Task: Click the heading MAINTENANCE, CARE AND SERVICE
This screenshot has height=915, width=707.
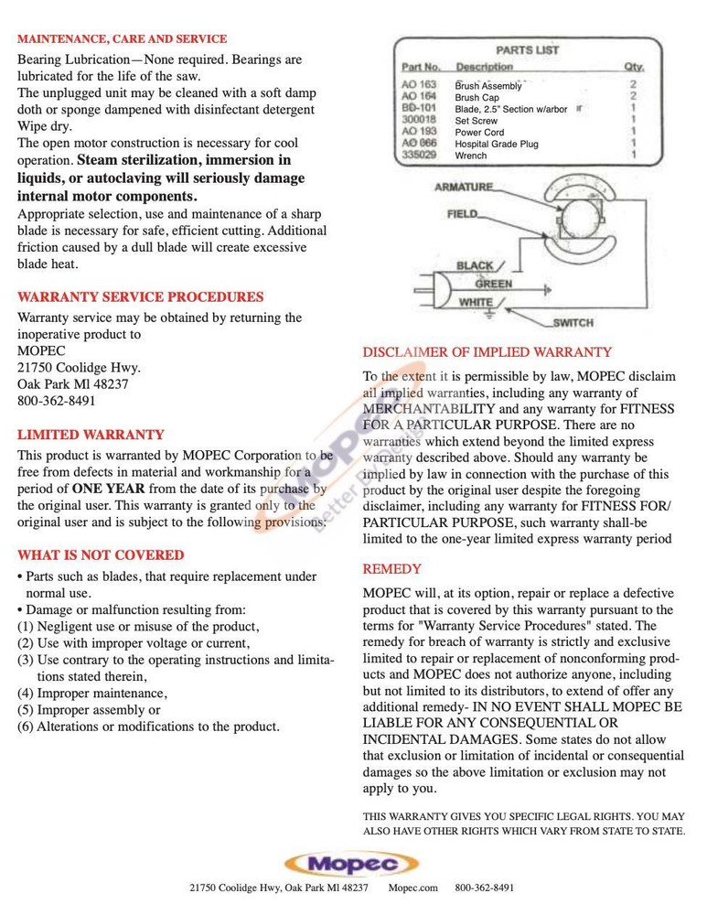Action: coord(123,39)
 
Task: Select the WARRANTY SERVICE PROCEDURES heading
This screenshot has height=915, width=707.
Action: coord(140,297)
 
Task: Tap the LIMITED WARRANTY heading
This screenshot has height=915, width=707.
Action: coord(91,435)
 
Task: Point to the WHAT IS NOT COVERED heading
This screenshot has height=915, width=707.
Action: coord(101,555)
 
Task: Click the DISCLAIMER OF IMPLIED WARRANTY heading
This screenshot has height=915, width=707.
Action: coord(487,352)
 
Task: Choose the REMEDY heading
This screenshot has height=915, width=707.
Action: coord(392,569)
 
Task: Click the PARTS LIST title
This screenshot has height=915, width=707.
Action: coord(527,50)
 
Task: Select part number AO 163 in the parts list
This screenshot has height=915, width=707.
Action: coord(419,85)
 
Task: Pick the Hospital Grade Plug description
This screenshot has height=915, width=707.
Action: coord(497,144)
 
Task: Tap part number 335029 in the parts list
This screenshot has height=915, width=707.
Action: coord(419,156)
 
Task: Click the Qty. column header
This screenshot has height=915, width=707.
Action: coord(633,67)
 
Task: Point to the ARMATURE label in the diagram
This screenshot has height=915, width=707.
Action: coord(464,187)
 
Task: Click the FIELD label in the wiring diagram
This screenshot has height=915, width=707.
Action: coord(462,214)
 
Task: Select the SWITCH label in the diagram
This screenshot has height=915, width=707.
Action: coord(573,323)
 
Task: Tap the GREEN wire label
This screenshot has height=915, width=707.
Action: coord(493,284)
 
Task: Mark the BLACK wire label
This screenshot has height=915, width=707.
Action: coord(475,266)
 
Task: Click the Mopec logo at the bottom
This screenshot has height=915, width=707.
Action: coord(351,864)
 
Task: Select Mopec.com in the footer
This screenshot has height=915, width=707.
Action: coord(412,888)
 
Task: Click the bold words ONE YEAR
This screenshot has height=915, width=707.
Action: coord(108,488)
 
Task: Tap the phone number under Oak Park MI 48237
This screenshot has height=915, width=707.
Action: coord(56,401)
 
